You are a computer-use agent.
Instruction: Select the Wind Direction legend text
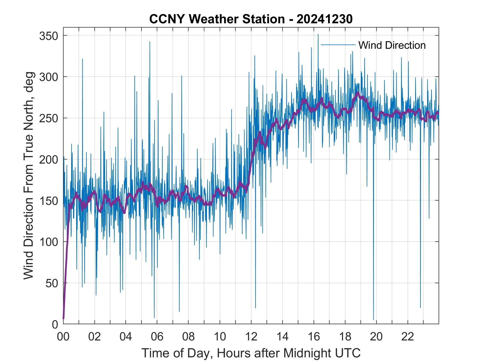[x=392, y=45]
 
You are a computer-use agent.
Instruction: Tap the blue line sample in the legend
[x=338, y=45]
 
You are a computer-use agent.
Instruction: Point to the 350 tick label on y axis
[x=48, y=36]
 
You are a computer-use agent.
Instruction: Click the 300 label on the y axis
[x=48, y=77]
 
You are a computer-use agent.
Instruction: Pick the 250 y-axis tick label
[x=48, y=118]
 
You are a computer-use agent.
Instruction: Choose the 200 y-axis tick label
[x=48, y=159]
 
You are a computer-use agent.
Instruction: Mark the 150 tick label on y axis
[x=48, y=201]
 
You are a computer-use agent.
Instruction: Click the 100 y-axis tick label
[x=48, y=242]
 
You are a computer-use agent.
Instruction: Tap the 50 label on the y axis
[x=52, y=283]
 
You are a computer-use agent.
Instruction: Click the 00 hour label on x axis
[x=63, y=337]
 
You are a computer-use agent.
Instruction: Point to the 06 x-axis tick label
[x=157, y=337]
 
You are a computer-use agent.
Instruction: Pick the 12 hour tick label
[x=251, y=337]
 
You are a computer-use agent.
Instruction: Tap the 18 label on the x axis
[x=345, y=337]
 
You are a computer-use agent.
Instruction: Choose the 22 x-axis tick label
[x=408, y=337]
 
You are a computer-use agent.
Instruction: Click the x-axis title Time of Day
[x=251, y=353]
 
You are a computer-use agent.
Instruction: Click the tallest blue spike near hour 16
[x=318, y=34]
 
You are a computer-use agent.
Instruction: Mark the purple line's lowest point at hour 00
[x=63, y=319]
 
